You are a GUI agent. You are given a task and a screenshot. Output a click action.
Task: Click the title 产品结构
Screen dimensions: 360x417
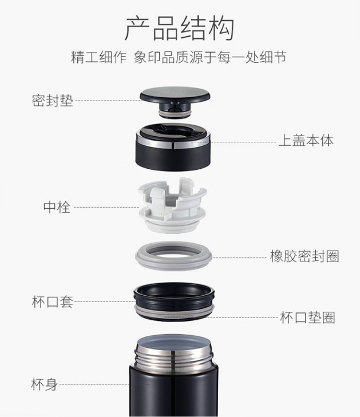click(x=180, y=29)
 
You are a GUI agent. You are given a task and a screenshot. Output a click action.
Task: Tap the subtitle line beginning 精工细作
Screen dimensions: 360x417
click(x=179, y=57)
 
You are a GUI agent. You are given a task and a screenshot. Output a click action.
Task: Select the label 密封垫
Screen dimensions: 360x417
click(x=53, y=101)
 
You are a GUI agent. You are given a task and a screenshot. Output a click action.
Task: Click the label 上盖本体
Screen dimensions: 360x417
click(x=306, y=140)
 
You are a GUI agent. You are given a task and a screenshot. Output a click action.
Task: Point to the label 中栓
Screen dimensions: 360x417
click(x=57, y=207)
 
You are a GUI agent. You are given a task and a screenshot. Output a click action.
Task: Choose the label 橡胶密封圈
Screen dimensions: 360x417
click(x=304, y=256)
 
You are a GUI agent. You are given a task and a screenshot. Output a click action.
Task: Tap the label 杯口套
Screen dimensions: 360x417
click(x=52, y=301)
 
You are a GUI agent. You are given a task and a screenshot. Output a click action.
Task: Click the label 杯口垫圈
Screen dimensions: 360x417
click(x=307, y=317)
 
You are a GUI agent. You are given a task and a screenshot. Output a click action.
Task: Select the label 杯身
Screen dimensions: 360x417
click(x=44, y=384)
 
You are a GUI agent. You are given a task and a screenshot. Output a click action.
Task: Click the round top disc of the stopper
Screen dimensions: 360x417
click(x=175, y=94)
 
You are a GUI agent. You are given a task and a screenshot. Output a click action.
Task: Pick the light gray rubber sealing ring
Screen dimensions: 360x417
click(x=173, y=263)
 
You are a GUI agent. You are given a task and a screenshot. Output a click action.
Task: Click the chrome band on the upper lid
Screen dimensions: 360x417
click(x=173, y=143)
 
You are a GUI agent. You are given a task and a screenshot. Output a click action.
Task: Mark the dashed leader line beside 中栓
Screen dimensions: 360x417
click(x=106, y=207)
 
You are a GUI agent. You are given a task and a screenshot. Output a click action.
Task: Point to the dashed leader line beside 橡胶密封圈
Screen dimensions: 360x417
click(x=239, y=257)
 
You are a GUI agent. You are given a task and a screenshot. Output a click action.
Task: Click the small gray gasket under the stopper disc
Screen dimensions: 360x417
click(x=175, y=114)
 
